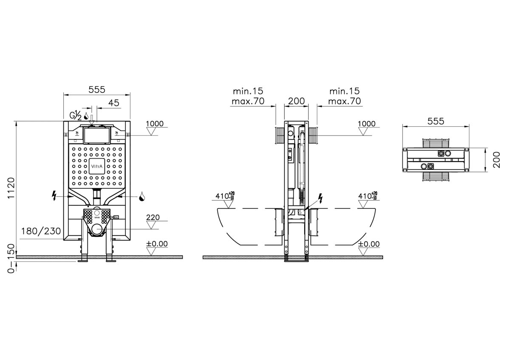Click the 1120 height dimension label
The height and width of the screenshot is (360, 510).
coord(11,188)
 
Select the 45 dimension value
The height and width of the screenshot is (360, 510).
coord(113,103)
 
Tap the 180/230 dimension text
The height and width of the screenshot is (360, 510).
coord(41,231)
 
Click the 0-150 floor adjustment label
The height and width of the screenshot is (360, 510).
coord(11,258)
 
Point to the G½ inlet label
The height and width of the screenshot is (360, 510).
coord(76,115)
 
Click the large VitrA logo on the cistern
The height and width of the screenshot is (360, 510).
coord(97,166)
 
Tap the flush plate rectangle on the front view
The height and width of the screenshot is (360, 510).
coord(97,136)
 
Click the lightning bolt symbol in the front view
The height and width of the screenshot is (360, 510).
coord(54,196)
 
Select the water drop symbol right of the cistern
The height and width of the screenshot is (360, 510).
coord(142,196)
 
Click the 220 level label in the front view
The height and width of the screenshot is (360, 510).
coord(153,218)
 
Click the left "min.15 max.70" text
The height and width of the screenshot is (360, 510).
coord(248,96)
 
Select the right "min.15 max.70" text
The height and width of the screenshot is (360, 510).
coord(345,96)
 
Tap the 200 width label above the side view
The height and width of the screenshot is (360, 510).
coord(297,101)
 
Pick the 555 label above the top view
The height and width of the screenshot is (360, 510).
coord(436,122)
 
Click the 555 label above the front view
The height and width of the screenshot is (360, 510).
coord(97,90)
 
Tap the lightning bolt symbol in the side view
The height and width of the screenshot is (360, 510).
coord(320,198)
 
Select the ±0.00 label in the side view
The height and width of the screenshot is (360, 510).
coord(368,244)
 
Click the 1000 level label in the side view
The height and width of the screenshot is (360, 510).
coord(366,124)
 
